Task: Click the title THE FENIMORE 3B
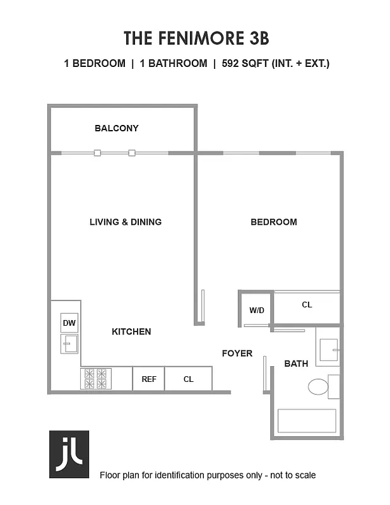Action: point(196,38)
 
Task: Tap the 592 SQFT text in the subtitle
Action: point(245,63)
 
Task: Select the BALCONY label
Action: point(117,128)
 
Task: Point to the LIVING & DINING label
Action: point(126,222)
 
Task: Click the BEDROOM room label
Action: point(274,222)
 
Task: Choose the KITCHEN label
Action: point(131,331)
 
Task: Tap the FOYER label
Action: point(237,353)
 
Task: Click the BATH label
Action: point(296,364)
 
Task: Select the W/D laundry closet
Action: point(256,310)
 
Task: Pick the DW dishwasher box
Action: point(69,323)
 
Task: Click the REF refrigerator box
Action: point(149,379)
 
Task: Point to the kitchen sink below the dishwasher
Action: point(69,344)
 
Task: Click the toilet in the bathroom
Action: point(319,386)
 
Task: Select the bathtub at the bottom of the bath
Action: point(307,421)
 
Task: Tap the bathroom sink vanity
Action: point(328,349)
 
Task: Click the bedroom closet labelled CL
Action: point(307,306)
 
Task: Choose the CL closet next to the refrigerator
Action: point(188,379)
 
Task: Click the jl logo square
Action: point(69,454)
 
